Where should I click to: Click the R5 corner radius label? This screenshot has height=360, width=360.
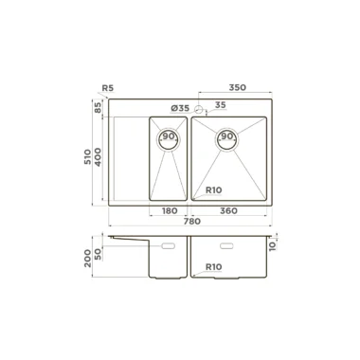[x=108, y=88]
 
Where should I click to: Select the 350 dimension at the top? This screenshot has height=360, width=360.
[x=237, y=87]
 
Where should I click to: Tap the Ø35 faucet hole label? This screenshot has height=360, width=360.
[x=180, y=108]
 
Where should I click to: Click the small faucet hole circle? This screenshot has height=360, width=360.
[x=199, y=109]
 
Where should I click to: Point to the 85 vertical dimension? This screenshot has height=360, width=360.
[x=98, y=107]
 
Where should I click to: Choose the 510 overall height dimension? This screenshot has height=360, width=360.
[x=88, y=156]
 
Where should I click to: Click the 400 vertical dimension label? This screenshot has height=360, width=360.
[x=98, y=157]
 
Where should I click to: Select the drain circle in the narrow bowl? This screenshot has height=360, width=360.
[x=169, y=138]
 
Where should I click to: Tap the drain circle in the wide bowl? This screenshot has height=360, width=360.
[x=226, y=139]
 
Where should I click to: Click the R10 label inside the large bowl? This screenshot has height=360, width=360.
[x=214, y=190]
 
